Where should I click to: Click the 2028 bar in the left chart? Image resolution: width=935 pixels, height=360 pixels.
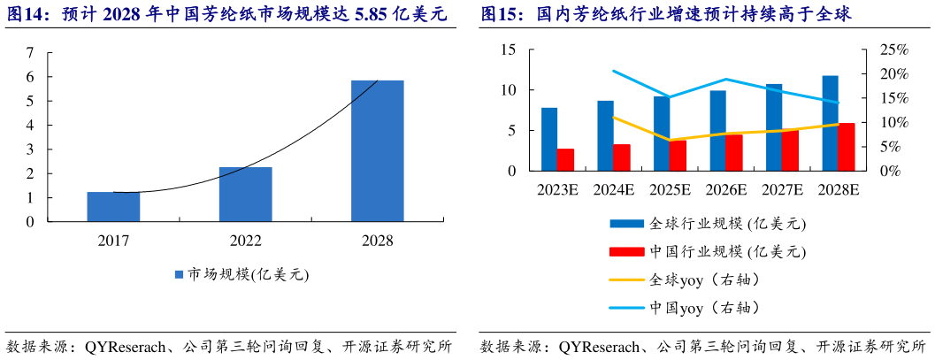(x=378, y=150)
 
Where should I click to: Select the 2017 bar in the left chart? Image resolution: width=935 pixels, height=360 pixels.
(x=113, y=206)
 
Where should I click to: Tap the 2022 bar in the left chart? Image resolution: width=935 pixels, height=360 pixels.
(x=245, y=194)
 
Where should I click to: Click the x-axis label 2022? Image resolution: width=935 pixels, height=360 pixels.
(x=245, y=240)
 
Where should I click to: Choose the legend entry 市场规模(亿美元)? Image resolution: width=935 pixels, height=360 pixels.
(x=241, y=275)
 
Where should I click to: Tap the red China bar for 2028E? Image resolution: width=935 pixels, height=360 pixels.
(x=847, y=147)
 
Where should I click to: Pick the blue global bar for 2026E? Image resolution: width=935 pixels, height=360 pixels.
(x=717, y=130)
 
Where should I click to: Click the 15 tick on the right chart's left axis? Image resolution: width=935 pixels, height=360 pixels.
(x=508, y=50)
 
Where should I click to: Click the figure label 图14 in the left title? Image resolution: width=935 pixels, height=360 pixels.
(x=25, y=15)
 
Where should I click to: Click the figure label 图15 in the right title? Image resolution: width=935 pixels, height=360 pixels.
(x=500, y=15)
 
